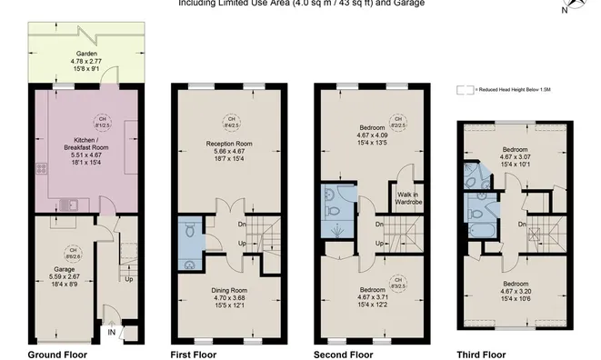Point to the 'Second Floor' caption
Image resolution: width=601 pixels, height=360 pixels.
pos(343,354)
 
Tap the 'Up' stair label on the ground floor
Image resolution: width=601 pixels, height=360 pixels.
pos(129,279)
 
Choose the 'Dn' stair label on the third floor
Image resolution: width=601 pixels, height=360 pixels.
pos(523,224)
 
